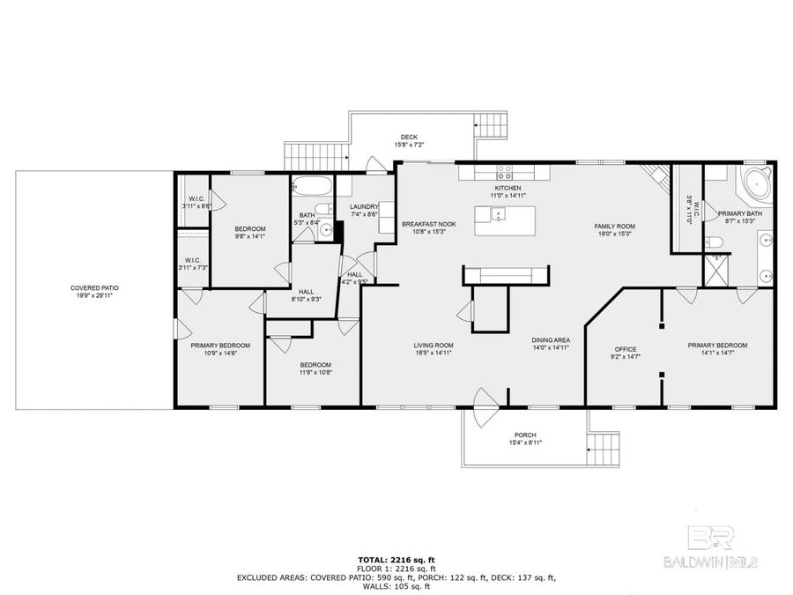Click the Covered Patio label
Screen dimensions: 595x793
[x=94, y=287]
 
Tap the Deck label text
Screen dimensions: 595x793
[x=409, y=137]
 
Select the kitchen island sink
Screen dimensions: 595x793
[x=497, y=212]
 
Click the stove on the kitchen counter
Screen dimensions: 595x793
[x=506, y=171]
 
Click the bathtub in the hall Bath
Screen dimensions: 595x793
[x=312, y=187]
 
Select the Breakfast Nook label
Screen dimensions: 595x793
[x=428, y=225]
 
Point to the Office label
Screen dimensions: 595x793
[x=625, y=349]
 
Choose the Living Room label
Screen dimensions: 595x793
[x=434, y=345]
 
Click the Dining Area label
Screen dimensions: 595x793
[x=551, y=340]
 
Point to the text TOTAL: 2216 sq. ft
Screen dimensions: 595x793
[x=396, y=560]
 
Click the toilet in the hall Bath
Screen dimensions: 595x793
[x=325, y=231]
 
